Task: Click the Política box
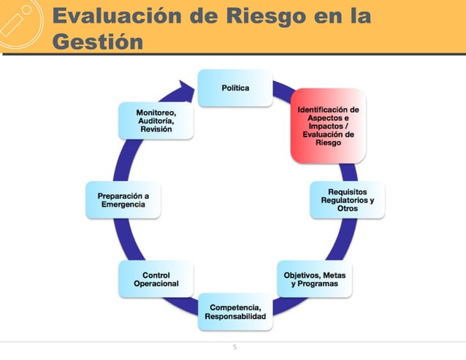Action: pyautogui.click(x=235, y=88)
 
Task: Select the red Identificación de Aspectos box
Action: pyautogui.click(x=328, y=126)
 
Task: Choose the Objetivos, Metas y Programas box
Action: pyautogui.click(x=315, y=278)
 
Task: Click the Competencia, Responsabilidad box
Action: pyautogui.click(x=235, y=311)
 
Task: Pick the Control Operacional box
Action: pyautogui.click(x=156, y=278)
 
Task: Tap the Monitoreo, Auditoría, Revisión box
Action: pyautogui.click(x=156, y=120)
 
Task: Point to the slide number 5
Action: pyautogui.click(x=234, y=348)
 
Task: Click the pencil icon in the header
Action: pyautogui.click(x=20, y=23)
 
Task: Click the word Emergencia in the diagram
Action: pyautogui.click(x=123, y=204)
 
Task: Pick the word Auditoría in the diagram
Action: pyautogui.click(x=156, y=120)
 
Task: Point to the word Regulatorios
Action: pyautogui.click(x=348, y=200)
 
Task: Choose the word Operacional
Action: pyautogui.click(x=156, y=283)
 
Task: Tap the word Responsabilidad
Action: pyautogui.click(x=235, y=316)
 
